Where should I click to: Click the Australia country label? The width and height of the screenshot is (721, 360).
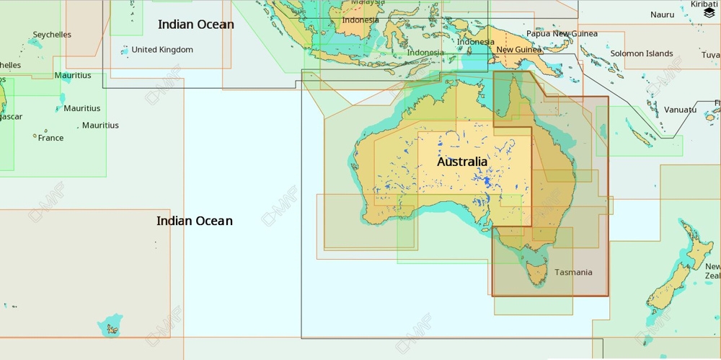tap(462, 162)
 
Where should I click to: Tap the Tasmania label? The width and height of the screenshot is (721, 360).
tap(573, 272)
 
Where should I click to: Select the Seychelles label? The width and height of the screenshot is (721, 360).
tap(52, 35)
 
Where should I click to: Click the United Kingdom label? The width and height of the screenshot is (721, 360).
tap(162, 50)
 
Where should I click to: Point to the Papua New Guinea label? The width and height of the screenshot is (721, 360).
tap(562, 33)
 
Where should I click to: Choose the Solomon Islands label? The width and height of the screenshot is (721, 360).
tap(641, 53)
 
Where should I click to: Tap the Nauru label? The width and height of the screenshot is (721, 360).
tap(662, 14)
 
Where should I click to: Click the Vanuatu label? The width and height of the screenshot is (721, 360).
tap(680, 110)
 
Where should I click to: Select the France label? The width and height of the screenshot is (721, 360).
tap(50, 138)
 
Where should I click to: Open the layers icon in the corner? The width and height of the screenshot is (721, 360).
tap(709, 13)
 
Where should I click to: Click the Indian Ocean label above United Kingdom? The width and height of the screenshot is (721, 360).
tap(195, 25)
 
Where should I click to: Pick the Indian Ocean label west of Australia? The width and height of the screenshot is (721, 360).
tap(195, 221)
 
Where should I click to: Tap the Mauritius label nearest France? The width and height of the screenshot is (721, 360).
tap(100, 126)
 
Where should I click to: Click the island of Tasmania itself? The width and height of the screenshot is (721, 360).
tap(536, 273)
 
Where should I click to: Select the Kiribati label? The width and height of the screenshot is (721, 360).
tap(705, 4)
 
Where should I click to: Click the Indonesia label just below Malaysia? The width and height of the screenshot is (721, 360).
tap(360, 19)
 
